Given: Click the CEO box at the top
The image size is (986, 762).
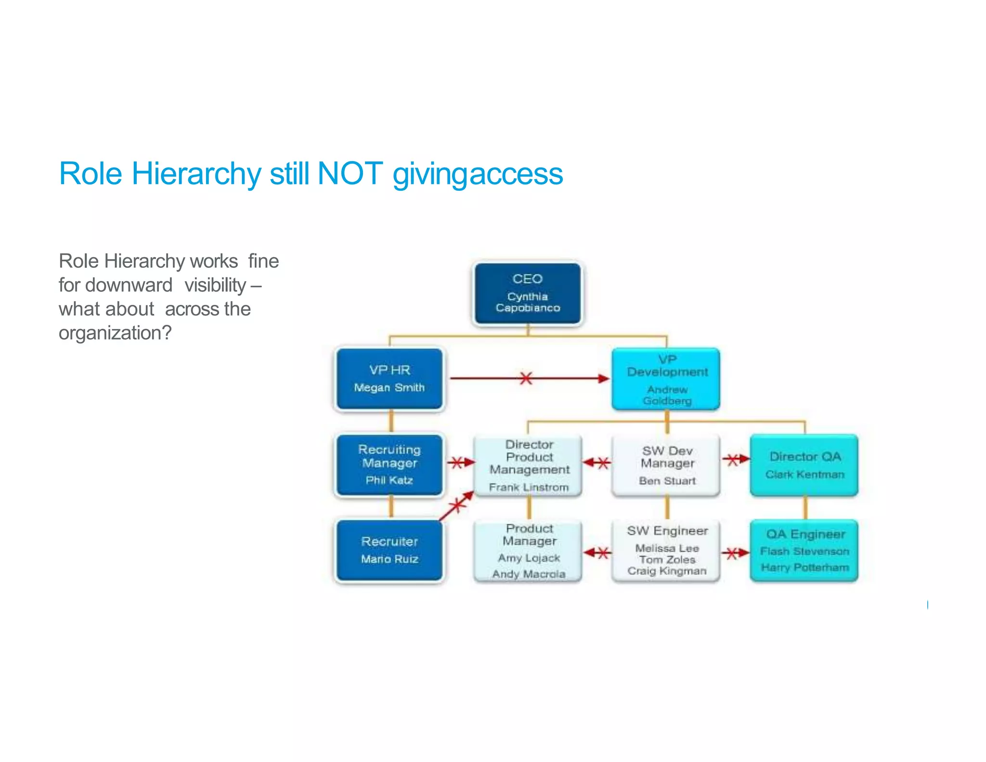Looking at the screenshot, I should (x=528, y=293).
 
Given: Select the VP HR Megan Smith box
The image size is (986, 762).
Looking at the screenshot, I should (x=389, y=379).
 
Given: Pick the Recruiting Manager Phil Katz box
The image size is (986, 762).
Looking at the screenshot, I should (x=389, y=464).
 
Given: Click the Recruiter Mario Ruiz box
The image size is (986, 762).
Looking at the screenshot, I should (x=389, y=550).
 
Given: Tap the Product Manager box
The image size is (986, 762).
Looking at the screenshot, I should (x=529, y=551).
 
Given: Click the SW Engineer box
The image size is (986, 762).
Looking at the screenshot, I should (x=666, y=551).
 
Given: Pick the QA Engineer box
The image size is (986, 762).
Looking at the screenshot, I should (x=804, y=551).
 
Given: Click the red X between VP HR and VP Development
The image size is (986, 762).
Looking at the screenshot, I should (x=526, y=378).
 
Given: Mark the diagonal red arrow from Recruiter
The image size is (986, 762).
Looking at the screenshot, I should (x=456, y=506).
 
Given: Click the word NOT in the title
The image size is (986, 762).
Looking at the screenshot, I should (x=350, y=173).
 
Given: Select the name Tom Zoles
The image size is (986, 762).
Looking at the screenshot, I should (x=667, y=559).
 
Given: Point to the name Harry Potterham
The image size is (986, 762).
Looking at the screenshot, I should (x=804, y=567).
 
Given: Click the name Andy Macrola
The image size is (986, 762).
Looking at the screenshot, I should (x=529, y=574).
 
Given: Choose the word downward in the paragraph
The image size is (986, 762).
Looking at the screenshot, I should (x=129, y=285).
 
